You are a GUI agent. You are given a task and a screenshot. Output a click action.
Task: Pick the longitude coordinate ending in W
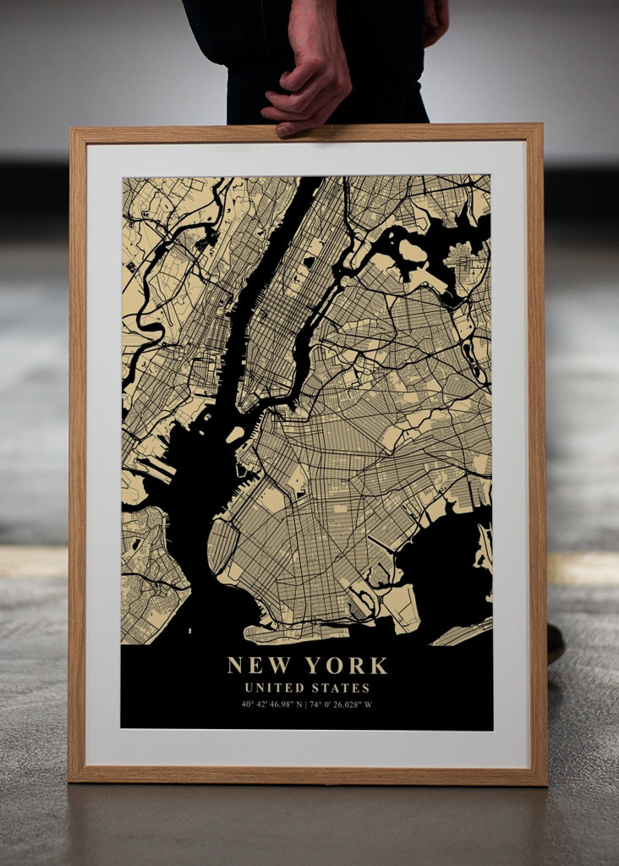[x=341, y=704]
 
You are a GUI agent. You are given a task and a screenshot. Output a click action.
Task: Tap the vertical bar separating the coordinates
[x=306, y=704]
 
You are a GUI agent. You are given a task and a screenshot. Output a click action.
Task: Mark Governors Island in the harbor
[x=234, y=435]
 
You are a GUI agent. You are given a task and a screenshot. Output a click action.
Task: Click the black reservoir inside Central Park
[x=309, y=262]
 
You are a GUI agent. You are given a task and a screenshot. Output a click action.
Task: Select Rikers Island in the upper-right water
[x=412, y=251]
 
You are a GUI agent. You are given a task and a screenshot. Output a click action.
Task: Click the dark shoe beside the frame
[x=555, y=643]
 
